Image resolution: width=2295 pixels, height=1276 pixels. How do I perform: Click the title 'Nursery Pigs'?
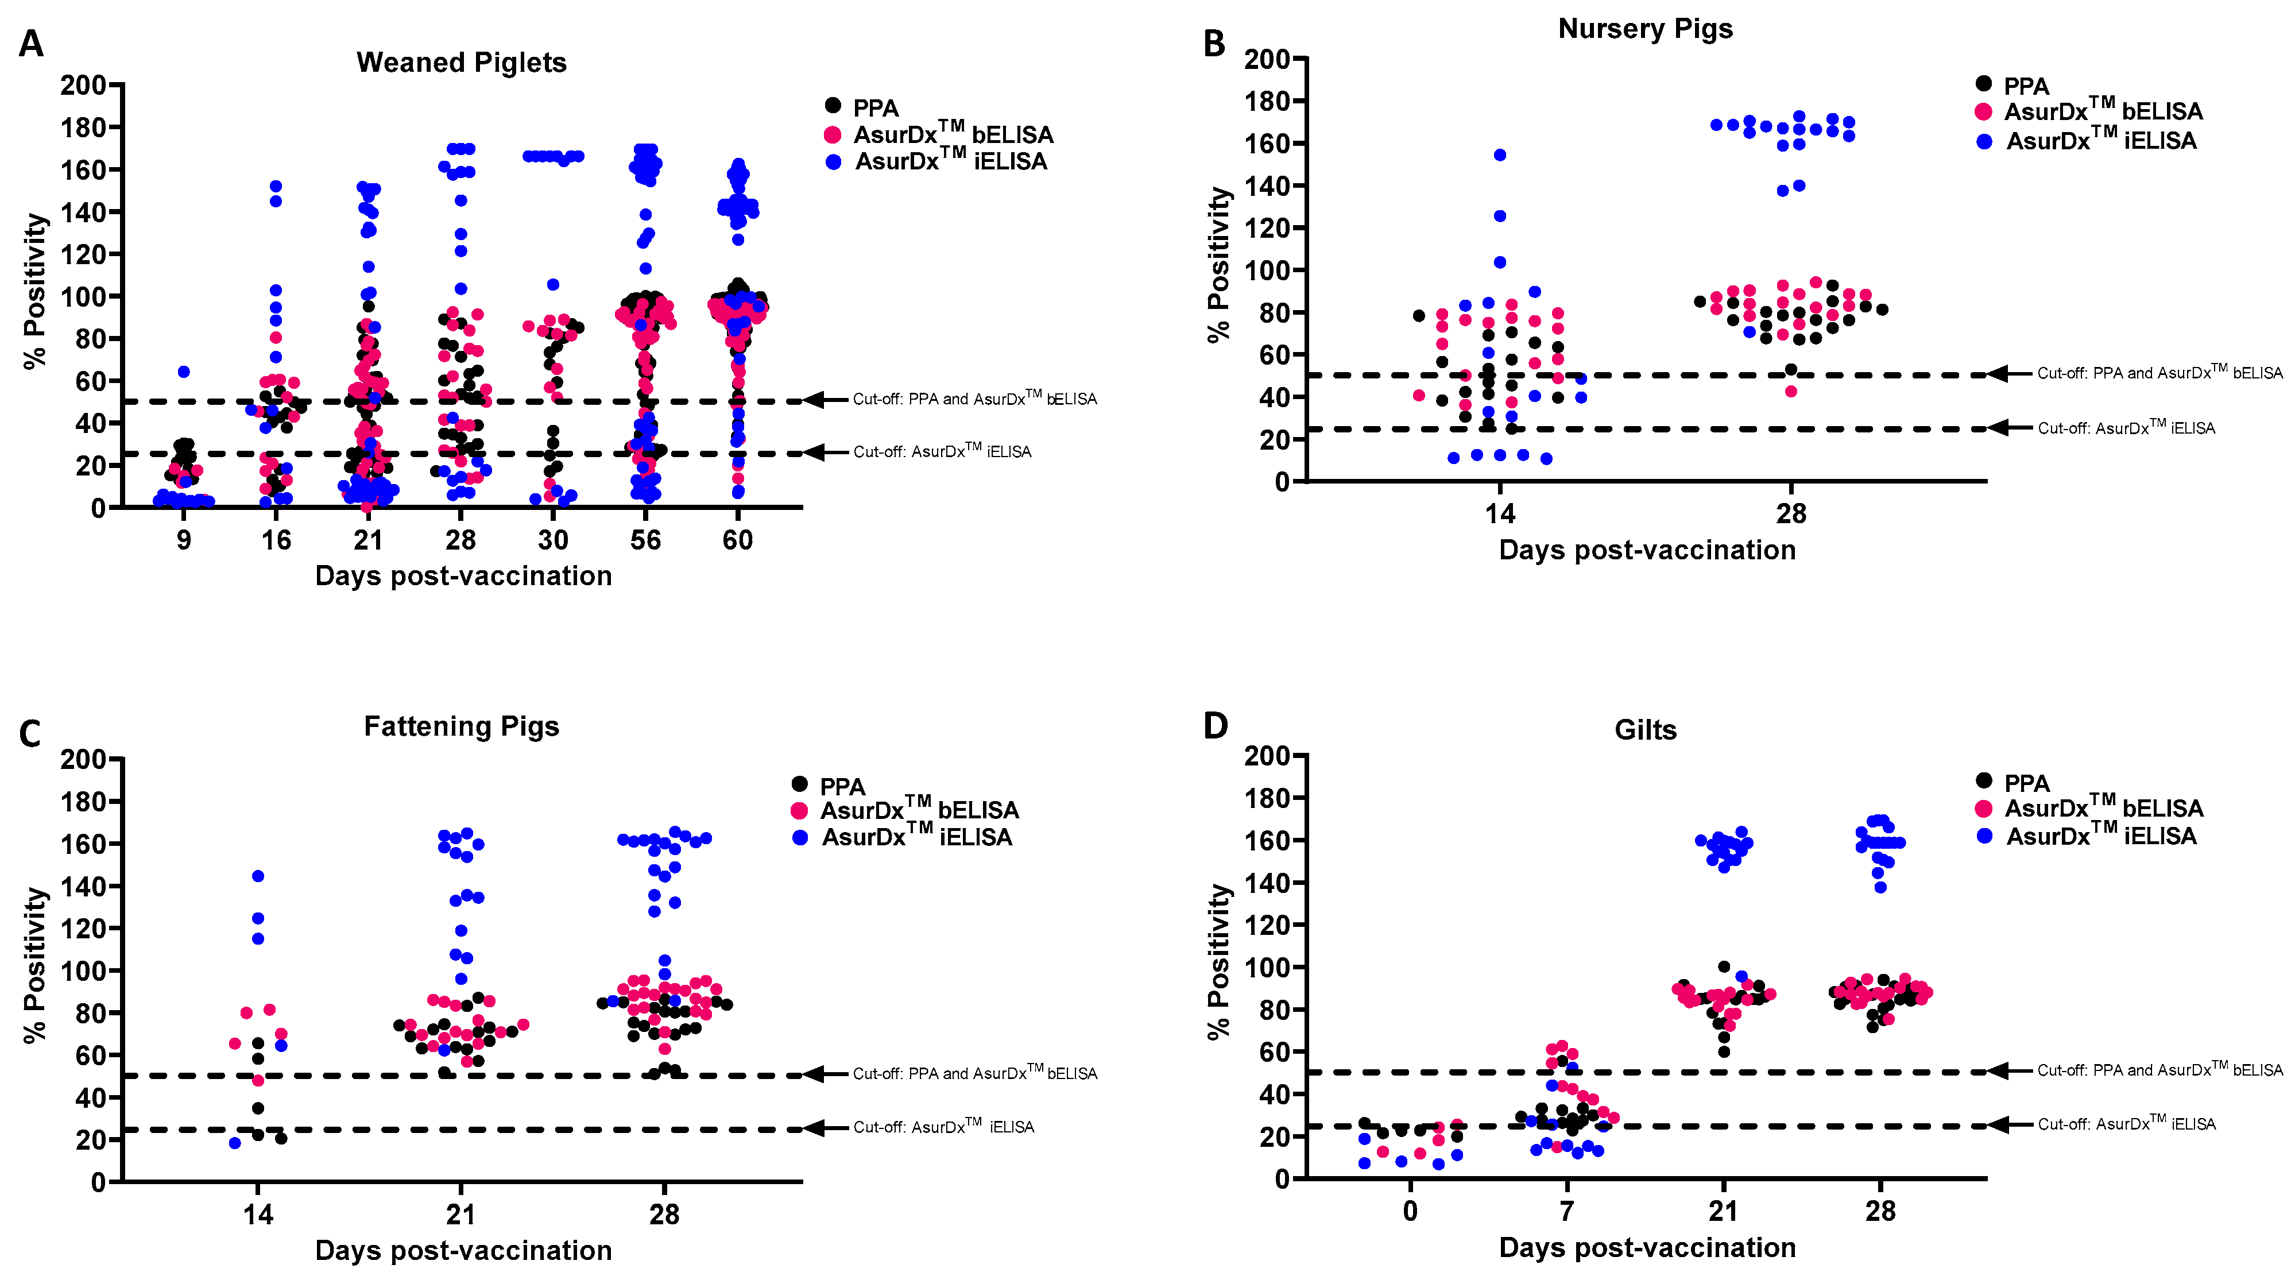(x=1644, y=29)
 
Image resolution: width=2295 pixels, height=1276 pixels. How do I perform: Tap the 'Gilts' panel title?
(x=1644, y=730)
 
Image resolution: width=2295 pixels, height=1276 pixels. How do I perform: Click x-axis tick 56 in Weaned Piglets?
(x=645, y=540)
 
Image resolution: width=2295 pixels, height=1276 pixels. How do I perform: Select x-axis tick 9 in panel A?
(x=184, y=540)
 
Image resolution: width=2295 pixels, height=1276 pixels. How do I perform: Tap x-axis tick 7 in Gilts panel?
(x=1566, y=1211)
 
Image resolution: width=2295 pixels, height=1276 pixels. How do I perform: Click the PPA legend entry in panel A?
(x=875, y=108)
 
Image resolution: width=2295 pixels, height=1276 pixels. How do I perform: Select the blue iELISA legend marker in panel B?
(x=1984, y=141)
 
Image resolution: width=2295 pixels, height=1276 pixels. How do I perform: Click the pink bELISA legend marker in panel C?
(x=800, y=811)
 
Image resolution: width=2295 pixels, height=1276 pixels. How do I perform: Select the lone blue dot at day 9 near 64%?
(x=184, y=372)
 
